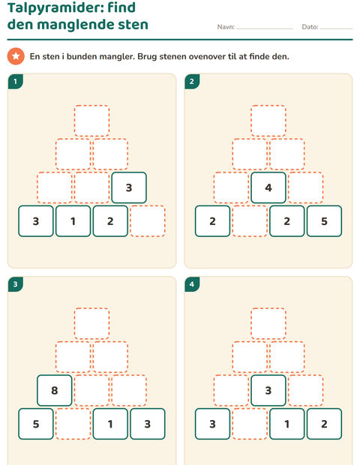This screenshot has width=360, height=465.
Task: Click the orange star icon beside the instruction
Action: (x=16, y=56)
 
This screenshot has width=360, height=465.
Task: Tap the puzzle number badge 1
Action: (x=15, y=81)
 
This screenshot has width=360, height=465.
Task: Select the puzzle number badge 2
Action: (x=192, y=81)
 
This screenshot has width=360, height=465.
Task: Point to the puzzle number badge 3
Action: (x=15, y=284)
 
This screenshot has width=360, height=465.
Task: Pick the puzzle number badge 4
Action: (x=192, y=284)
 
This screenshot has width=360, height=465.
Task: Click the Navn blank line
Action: (x=265, y=28)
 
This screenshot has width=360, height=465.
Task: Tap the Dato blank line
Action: (x=336, y=28)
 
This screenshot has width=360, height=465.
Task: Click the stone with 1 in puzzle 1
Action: (x=73, y=221)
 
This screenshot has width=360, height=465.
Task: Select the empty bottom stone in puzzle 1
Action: (x=148, y=221)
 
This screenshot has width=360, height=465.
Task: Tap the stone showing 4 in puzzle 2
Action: (x=268, y=187)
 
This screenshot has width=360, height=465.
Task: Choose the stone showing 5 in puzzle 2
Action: (x=324, y=221)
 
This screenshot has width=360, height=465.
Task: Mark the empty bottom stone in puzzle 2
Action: (x=250, y=221)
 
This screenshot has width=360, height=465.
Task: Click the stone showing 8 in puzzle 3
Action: (x=55, y=390)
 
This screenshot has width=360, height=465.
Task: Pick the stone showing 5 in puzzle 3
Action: (x=36, y=424)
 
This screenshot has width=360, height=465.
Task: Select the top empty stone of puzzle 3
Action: (x=91, y=323)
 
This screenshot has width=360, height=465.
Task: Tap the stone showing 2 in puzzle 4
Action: (x=324, y=424)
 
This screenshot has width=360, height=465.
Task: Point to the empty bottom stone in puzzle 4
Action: (x=250, y=424)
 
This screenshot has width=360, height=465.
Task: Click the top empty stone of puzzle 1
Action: (x=91, y=121)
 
